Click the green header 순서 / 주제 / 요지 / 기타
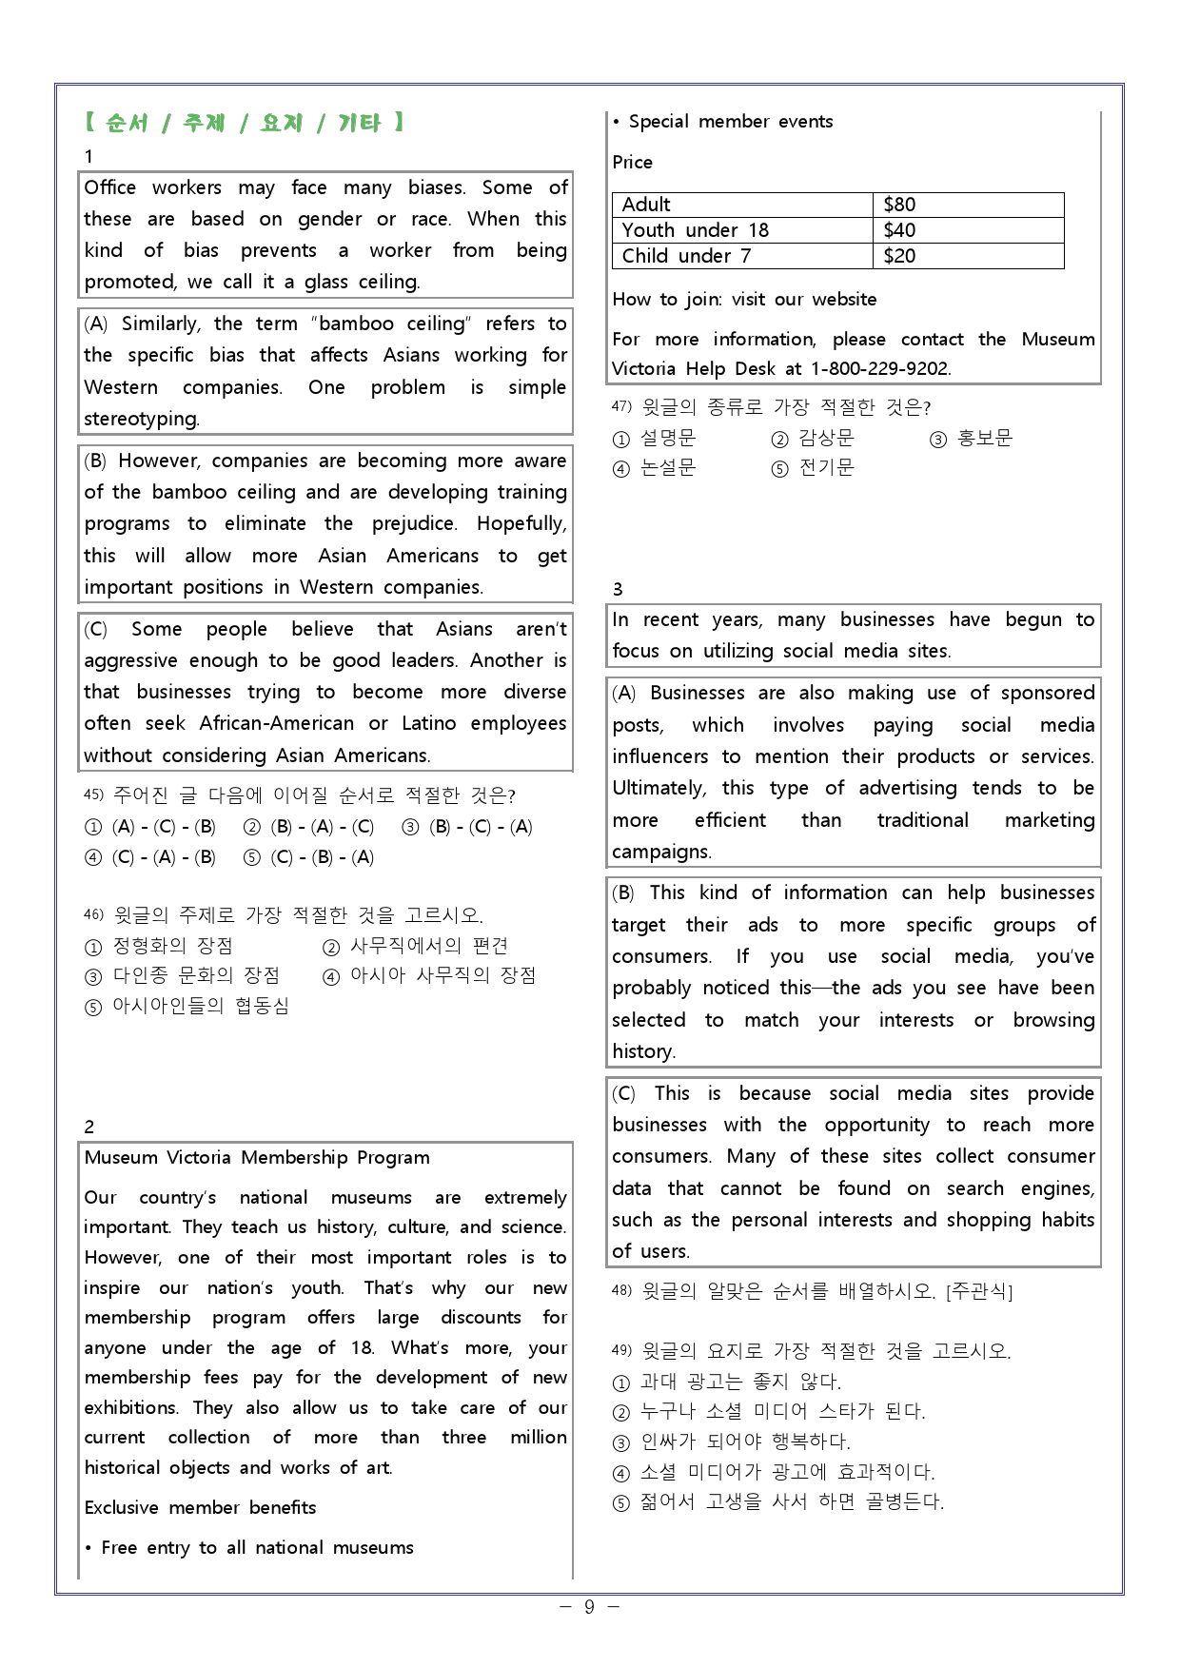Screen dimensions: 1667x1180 pos(244,123)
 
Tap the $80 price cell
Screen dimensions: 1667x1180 pos(899,205)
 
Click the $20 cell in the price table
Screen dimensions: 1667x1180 pos(899,256)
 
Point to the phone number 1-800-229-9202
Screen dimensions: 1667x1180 pos(879,369)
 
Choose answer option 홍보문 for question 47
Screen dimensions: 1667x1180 pos(984,439)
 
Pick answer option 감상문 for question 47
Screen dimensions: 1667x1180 pos(825,439)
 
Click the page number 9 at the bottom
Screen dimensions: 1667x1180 pos(589,1607)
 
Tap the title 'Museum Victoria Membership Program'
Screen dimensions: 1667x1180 pos(257,1158)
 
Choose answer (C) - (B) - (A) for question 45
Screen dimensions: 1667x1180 pos(322,857)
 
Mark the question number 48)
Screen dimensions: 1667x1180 pos(621,1291)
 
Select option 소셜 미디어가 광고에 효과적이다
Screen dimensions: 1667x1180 pos(786,1472)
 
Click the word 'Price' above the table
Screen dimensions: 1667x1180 pos(633,163)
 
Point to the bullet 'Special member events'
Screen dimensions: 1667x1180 pos(730,122)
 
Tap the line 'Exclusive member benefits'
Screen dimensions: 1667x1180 pos(200,1508)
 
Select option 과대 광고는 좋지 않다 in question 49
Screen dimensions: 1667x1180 pos(740,1382)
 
